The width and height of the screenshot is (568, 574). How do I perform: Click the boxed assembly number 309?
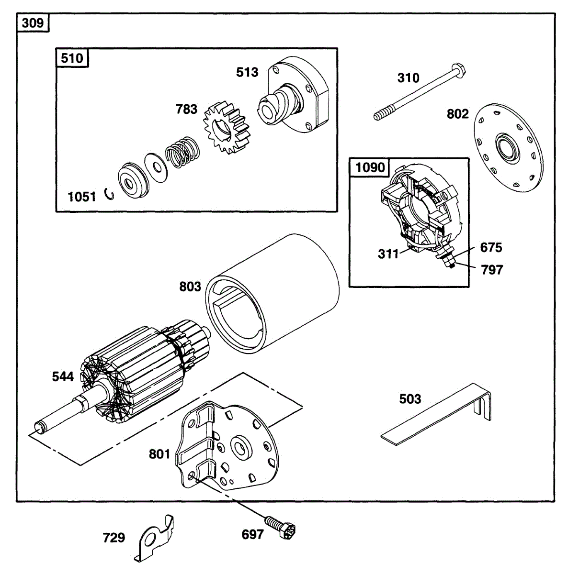(x=33, y=22)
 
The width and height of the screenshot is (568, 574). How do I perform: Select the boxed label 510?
(x=72, y=58)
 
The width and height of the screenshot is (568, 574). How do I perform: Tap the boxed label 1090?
(x=370, y=167)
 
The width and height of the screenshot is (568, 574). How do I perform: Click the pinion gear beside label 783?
(x=227, y=130)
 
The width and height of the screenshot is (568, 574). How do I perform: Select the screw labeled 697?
(x=280, y=526)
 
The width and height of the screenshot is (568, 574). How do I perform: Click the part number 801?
(x=159, y=453)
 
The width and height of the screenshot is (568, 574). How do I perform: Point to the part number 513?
(x=247, y=72)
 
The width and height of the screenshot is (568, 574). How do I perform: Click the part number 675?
(x=491, y=247)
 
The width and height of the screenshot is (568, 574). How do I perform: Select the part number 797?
(x=492, y=270)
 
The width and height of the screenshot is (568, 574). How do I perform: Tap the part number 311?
(x=388, y=254)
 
